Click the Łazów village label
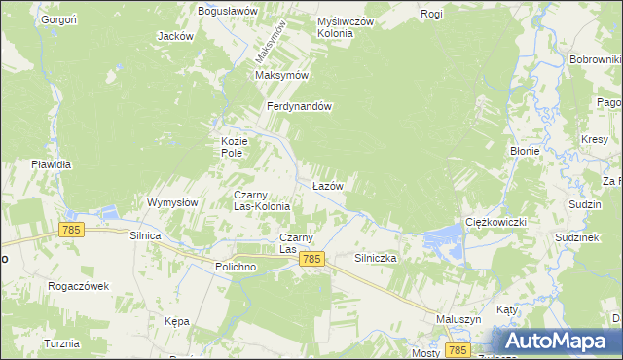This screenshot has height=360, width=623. (x=327, y=185)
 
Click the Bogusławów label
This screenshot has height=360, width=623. (x=227, y=10)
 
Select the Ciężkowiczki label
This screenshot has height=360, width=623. (x=495, y=222)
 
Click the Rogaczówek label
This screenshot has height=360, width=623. (x=78, y=286)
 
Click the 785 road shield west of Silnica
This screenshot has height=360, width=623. (x=70, y=230)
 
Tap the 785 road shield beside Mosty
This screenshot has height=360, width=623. (x=458, y=349)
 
